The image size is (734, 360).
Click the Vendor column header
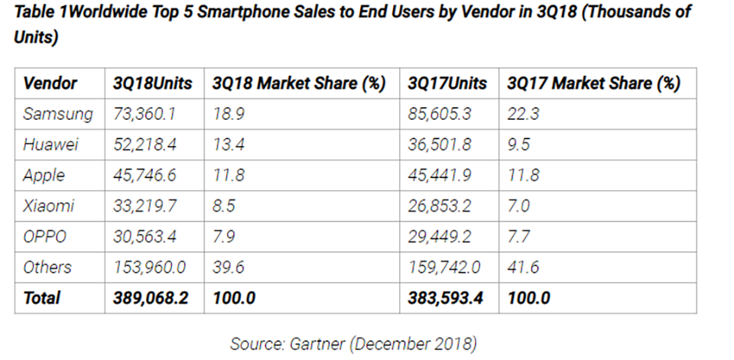click(x=50, y=83)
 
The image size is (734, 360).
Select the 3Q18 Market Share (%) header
click(x=299, y=83)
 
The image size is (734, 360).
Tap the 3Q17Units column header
click(x=447, y=83)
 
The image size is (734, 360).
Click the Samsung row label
click(x=58, y=114)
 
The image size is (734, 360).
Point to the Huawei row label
click(x=50, y=144)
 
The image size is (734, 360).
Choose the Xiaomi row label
click(x=49, y=206)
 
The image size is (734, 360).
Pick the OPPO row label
click(x=45, y=236)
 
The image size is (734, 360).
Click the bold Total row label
click(x=41, y=298)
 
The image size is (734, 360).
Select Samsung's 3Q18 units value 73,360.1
click(x=145, y=114)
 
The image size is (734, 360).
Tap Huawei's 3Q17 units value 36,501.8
click(x=439, y=144)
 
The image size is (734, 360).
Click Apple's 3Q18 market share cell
click(x=229, y=175)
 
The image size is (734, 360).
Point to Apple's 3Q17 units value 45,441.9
click(x=439, y=175)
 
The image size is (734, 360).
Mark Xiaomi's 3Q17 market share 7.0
click(x=518, y=206)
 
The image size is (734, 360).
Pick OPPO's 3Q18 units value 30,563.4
click(x=145, y=236)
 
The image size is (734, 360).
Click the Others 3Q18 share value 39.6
click(x=229, y=267)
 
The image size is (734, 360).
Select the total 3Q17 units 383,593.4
click(x=445, y=298)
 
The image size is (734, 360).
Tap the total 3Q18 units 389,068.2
click(x=151, y=298)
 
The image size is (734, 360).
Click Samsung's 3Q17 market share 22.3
click(x=523, y=114)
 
